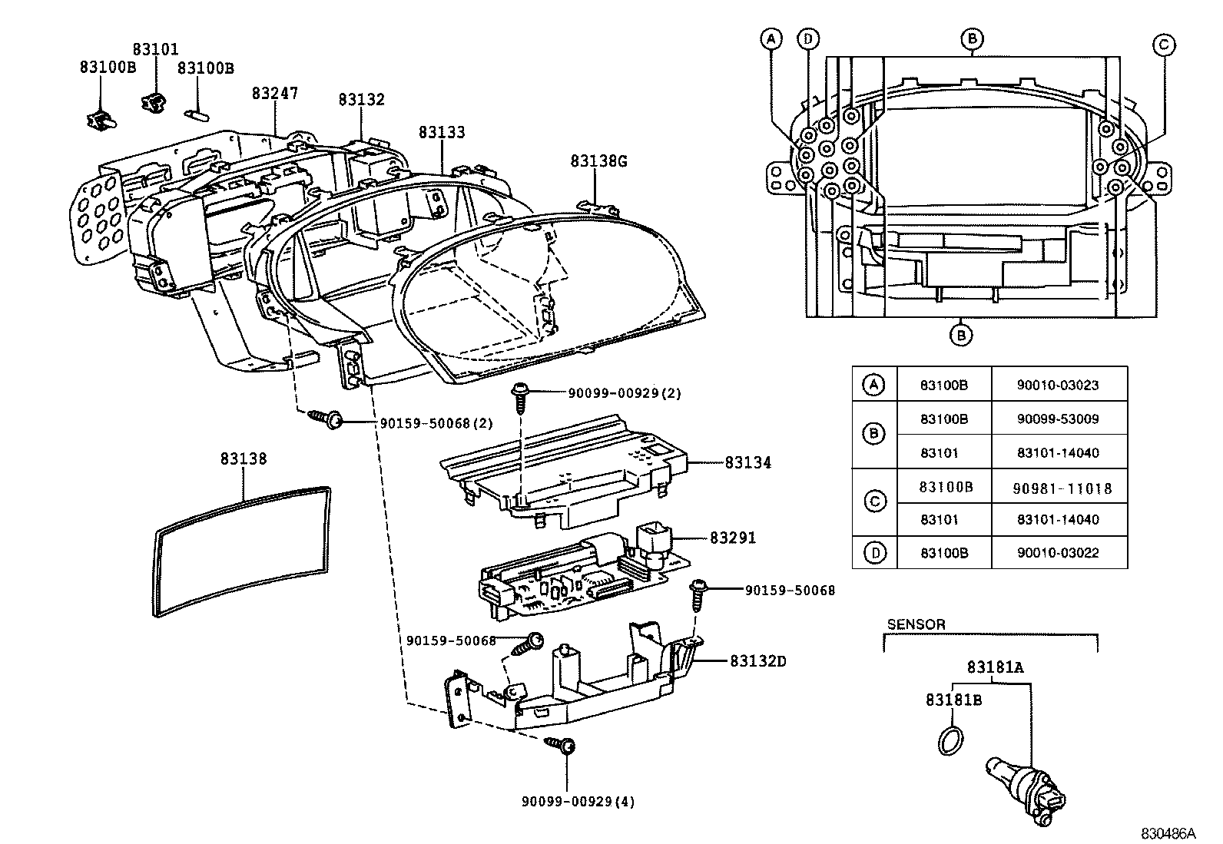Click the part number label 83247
click(274, 94)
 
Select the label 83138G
click(598, 161)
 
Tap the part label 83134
click(747, 463)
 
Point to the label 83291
click(732, 538)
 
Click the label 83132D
click(757, 661)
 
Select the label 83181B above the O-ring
click(953, 700)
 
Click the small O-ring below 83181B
click(950, 742)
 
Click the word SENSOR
click(916, 624)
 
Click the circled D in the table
click(874, 552)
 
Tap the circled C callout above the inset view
click(1163, 45)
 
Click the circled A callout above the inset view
click(771, 38)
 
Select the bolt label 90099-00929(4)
click(578, 802)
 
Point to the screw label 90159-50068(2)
click(436, 423)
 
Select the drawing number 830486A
click(1168, 833)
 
